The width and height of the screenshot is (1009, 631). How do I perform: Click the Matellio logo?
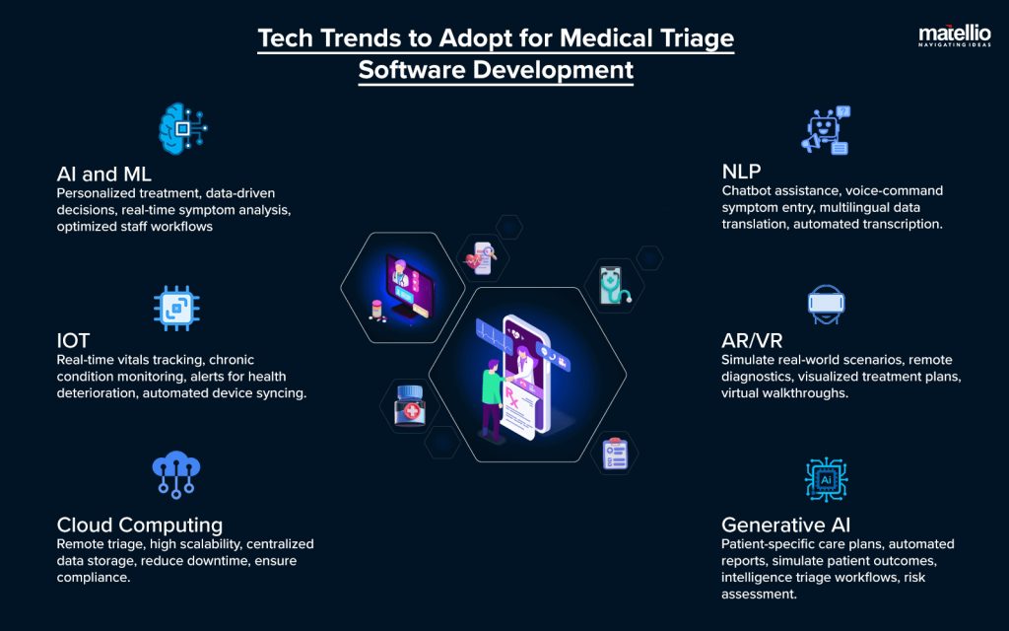click(953, 36)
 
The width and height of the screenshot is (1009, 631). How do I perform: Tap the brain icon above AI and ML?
click(183, 128)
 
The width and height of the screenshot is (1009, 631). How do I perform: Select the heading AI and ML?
click(103, 175)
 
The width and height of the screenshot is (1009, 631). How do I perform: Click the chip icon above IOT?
click(177, 308)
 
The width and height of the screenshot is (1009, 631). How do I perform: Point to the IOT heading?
click(73, 341)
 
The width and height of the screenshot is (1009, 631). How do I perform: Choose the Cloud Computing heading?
click(139, 526)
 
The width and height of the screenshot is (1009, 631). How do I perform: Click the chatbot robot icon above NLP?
click(826, 131)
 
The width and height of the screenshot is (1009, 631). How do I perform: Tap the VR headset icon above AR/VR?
click(826, 306)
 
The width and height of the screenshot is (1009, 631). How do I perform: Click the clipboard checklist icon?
click(616, 453)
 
